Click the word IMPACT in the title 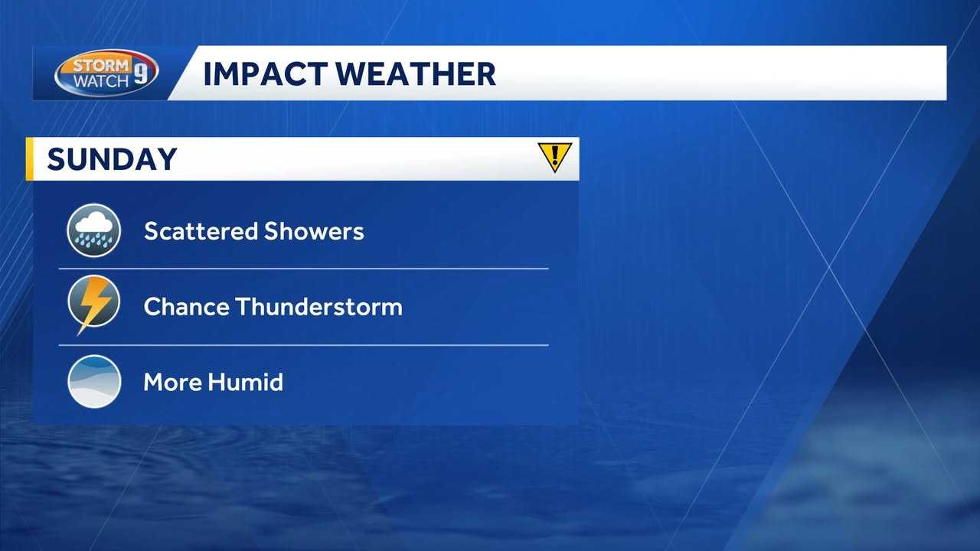click(265, 74)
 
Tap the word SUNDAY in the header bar click(112, 158)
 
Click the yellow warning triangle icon click(555, 157)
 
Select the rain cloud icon click(93, 230)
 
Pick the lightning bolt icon click(93, 305)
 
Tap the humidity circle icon click(94, 382)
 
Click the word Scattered click(201, 231)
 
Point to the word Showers click(314, 231)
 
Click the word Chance click(186, 306)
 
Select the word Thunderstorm click(319, 306)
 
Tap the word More click(172, 382)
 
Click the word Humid click(246, 382)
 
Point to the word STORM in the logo click(101, 66)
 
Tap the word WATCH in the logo click(101, 81)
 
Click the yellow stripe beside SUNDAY click(29, 158)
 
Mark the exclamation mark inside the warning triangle click(555, 155)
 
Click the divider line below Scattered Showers click(304, 269)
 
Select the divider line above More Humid click(304, 345)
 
